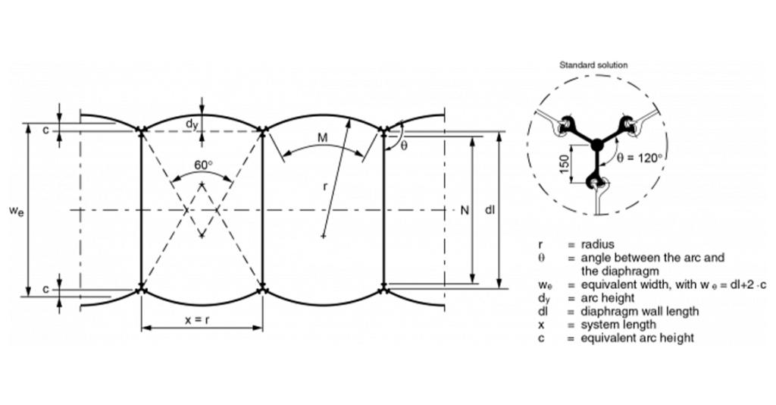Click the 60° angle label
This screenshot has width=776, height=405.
click(203, 165)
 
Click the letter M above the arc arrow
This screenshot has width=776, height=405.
click(322, 137)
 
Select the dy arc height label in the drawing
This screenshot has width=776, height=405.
click(192, 124)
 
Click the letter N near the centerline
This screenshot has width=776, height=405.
click(465, 210)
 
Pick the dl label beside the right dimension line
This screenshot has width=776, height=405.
click(490, 210)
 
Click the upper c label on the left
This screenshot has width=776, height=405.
click(45, 130)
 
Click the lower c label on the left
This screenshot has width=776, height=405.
click(45, 289)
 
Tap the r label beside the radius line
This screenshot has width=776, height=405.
click(324, 186)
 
